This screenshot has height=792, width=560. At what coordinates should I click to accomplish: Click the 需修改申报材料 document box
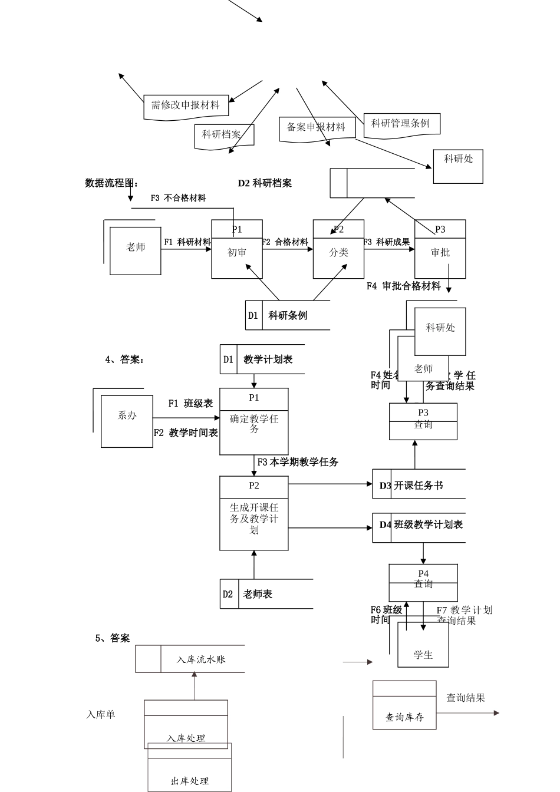point(186,106)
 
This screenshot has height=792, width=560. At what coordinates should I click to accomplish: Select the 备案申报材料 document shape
point(317,128)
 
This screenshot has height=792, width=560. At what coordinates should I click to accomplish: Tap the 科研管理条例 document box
point(401,124)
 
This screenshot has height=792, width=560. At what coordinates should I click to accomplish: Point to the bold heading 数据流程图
point(111,183)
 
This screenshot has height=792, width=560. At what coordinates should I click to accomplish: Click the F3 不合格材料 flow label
point(178,199)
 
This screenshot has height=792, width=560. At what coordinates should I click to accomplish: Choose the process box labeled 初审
point(237,250)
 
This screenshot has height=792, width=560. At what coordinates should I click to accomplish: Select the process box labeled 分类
point(338,250)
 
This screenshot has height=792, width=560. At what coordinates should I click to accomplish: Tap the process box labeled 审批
point(440,250)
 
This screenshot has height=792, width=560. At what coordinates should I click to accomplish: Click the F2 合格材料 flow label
point(285,242)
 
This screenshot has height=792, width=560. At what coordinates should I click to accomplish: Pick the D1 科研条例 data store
point(288,316)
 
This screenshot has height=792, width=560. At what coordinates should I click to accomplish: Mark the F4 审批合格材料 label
point(404,286)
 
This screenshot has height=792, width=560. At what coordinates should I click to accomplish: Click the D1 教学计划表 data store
point(262,359)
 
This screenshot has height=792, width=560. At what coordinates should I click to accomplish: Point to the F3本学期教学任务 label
point(298,463)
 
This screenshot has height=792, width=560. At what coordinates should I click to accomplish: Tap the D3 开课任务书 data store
point(419,486)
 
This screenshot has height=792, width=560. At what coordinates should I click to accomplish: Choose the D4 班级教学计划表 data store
point(420,524)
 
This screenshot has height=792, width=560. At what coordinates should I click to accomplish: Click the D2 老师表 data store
point(266,595)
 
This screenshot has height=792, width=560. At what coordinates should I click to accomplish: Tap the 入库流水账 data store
point(190,659)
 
